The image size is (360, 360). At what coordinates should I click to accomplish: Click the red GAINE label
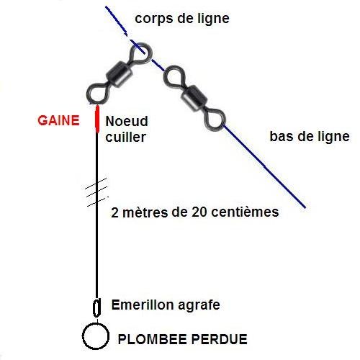point(58,120)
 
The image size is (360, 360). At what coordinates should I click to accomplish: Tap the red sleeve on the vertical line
point(97,119)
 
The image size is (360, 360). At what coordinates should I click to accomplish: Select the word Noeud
point(127,121)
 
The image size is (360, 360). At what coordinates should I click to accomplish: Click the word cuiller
point(126,137)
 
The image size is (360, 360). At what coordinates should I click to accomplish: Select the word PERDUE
point(220,339)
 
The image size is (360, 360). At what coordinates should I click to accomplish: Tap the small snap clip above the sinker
point(96,307)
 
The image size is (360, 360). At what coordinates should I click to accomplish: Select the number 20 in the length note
point(199,212)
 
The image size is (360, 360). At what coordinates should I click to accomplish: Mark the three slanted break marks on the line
point(96,192)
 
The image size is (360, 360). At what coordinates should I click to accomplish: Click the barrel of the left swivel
point(119,74)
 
